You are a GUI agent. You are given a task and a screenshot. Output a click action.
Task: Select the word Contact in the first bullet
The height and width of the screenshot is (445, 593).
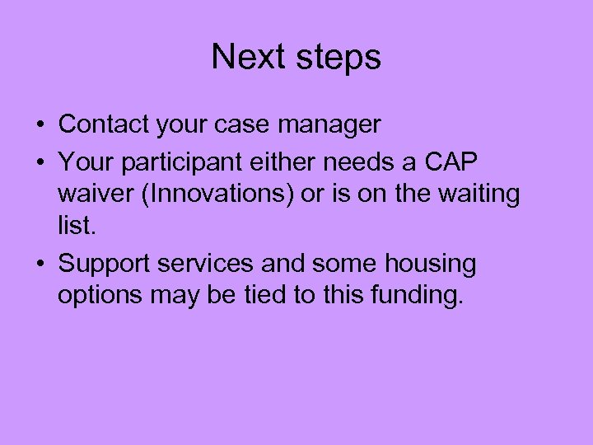click(103, 124)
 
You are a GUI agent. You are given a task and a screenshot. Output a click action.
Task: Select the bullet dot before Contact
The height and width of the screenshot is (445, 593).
click(40, 126)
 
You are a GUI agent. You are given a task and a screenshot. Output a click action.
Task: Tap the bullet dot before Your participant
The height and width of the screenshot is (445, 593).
click(40, 161)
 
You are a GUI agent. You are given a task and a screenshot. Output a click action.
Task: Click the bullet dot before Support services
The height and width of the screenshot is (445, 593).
click(40, 265)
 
